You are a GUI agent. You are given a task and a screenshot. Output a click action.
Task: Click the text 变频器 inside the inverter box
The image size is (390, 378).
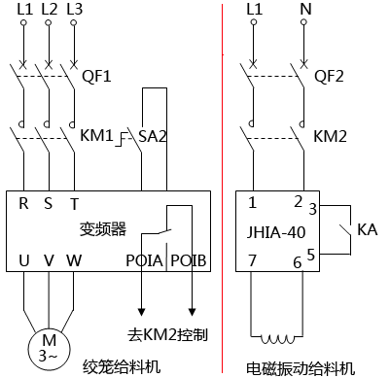pos(102,229)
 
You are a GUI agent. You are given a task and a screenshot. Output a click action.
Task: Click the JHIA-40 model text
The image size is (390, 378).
pos(278,232)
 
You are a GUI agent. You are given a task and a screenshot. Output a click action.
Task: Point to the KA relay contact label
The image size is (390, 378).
pos(367,230)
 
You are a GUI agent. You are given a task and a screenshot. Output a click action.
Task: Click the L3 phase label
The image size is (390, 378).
pos(74,9)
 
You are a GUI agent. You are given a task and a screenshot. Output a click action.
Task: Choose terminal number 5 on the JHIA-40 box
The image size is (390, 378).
pos(311,256)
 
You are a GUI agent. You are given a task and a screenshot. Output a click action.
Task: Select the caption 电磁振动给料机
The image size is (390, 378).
pos(301,367)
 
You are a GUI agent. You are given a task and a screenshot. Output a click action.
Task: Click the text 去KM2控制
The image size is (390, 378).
pos(173,335)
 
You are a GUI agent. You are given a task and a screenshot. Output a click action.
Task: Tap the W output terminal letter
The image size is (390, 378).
pos(74,260)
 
